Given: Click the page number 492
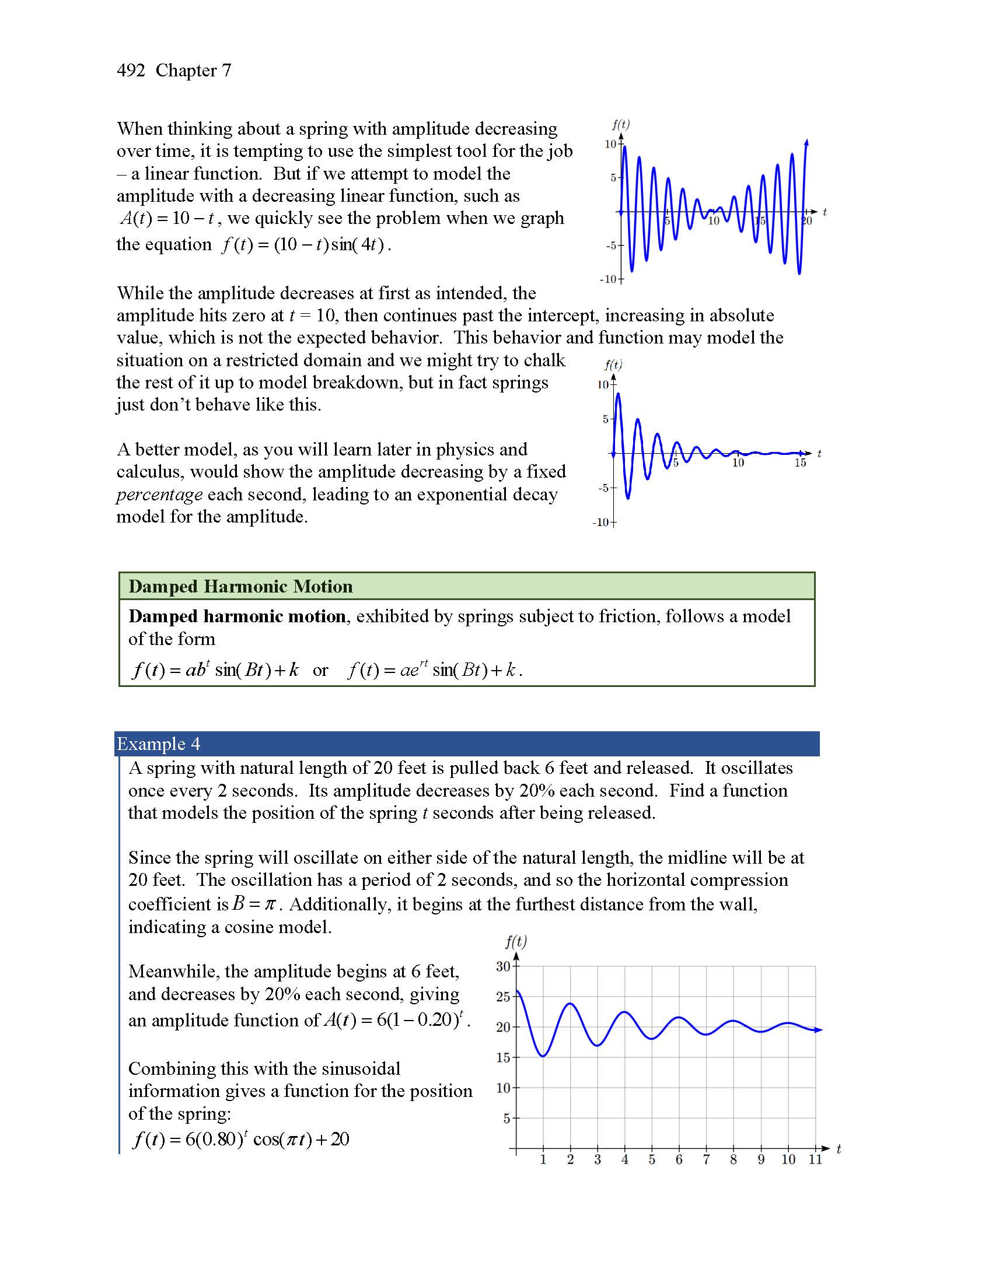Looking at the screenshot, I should [131, 71].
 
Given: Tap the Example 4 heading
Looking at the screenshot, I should [159, 744].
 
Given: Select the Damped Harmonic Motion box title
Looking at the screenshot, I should [240, 586].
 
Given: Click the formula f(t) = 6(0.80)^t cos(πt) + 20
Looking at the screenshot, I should [240, 1139].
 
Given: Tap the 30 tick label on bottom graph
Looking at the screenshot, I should [503, 966].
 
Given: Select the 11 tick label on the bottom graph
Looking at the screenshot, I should [815, 1159].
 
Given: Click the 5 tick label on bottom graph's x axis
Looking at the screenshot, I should [652, 1159].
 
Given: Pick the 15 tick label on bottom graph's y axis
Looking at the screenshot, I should [503, 1057].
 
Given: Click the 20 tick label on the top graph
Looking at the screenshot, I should [807, 221].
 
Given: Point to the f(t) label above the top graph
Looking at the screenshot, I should [621, 125].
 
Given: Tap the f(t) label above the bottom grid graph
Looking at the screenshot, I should [516, 942].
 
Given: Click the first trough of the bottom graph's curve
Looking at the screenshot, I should [544, 1056].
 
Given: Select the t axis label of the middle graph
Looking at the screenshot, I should [819, 454].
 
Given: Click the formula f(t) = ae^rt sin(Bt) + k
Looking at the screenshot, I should [434, 669].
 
